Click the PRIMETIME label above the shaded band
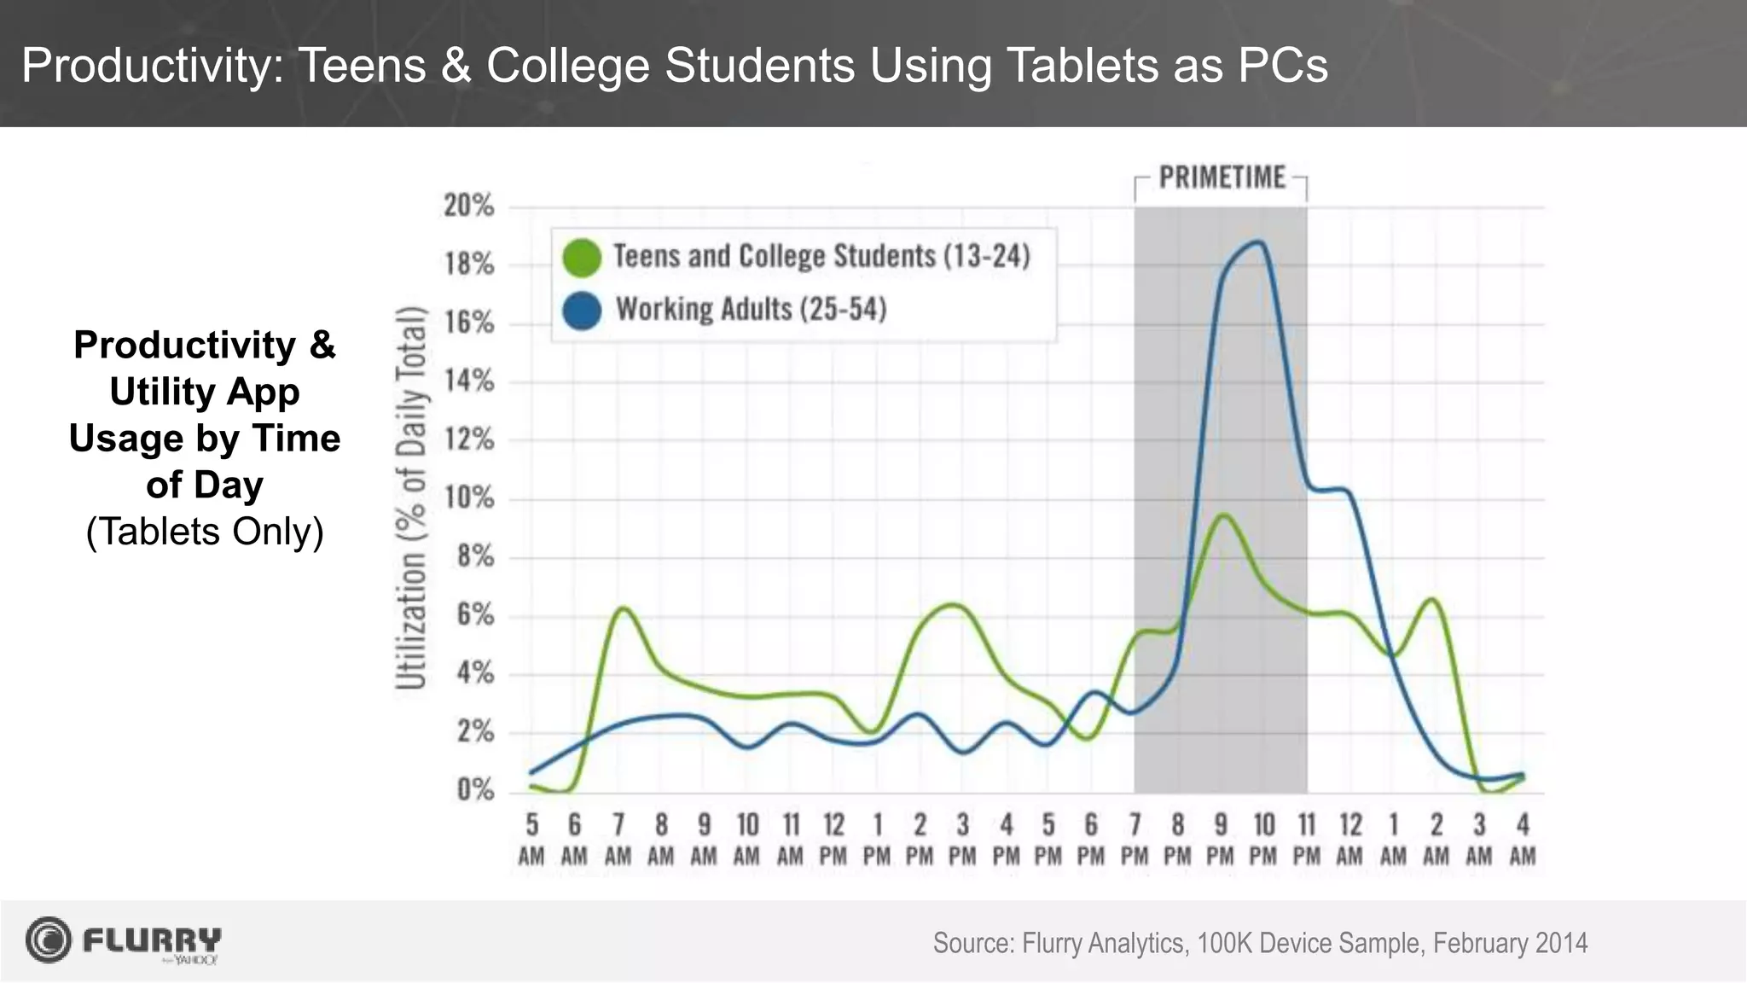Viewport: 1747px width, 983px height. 1221,177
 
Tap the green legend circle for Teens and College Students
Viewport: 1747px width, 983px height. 583,257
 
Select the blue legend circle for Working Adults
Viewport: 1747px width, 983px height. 583,310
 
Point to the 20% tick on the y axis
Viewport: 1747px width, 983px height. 468,206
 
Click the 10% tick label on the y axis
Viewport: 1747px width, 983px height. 468,498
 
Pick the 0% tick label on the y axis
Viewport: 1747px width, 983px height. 474,790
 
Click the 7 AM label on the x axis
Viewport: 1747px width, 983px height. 618,840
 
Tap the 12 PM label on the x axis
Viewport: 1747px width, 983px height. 833,840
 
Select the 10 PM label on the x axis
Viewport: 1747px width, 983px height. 1263,840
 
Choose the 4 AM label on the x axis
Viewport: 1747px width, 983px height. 1523,840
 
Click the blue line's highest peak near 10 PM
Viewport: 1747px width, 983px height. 1257,242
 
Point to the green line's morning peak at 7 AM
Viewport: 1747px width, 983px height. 623,608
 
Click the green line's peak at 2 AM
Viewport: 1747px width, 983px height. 1432,600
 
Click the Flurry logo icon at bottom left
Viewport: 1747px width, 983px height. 49,940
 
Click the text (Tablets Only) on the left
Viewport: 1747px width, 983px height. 205,532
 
